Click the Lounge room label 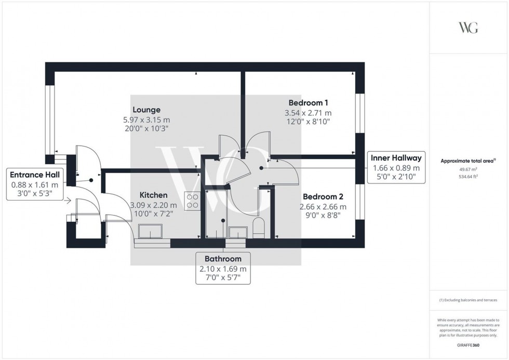pyautogui.click(x=146, y=110)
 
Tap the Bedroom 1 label pyautogui.click(x=308, y=103)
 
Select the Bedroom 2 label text pyautogui.click(x=323, y=197)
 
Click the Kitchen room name pyautogui.click(x=153, y=195)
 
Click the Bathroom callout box pyautogui.click(x=223, y=268)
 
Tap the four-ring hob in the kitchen pyautogui.click(x=192, y=201)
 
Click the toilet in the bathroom pyautogui.click(x=258, y=227)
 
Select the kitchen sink pyautogui.click(x=151, y=232)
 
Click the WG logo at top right pyautogui.click(x=468, y=28)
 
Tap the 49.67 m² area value pyautogui.click(x=468, y=169)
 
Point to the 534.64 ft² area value pyautogui.click(x=468, y=177)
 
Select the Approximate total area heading pyautogui.click(x=468, y=161)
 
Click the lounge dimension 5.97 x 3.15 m pyautogui.click(x=146, y=119)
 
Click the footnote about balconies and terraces pyautogui.click(x=468, y=300)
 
